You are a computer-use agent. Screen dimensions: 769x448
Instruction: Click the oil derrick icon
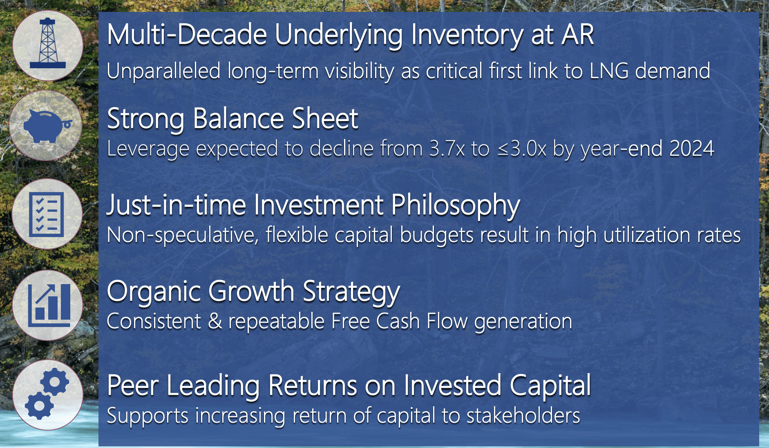click(48, 44)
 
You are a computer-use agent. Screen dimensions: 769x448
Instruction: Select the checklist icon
click(47, 214)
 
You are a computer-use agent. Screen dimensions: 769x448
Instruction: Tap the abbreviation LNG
click(609, 71)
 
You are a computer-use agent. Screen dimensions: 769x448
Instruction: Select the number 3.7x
click(447, 149)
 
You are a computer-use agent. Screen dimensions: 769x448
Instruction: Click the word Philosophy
click(456, 205)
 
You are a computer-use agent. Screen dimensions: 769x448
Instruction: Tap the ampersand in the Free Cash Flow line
click(215, 321)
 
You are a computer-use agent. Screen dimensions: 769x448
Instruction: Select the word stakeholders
click(523, 416)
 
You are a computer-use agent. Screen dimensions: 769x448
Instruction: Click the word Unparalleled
click(163, 71)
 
